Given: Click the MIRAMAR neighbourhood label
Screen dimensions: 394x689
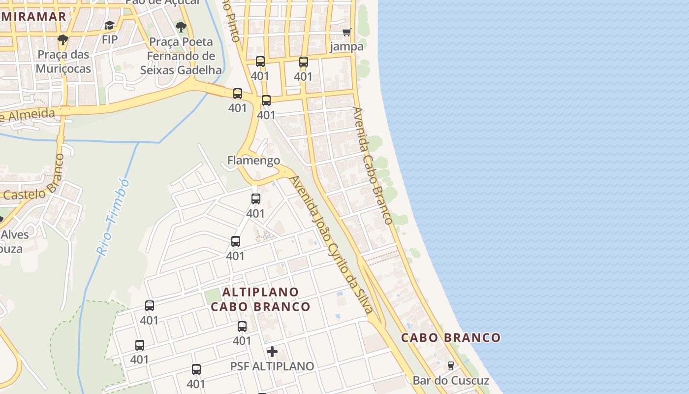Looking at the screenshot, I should coord(33,17).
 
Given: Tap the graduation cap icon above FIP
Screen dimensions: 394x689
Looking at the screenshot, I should coord(109,25).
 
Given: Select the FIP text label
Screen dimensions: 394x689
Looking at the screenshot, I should coord(109,39).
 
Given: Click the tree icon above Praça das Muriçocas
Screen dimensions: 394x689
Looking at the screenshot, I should coord(63,40).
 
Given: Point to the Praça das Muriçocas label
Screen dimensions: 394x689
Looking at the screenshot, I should coord(63,61).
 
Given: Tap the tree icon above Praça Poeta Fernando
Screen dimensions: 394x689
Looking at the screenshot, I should coord(181,27).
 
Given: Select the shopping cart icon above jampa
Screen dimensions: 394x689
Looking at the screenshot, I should coord(347,33).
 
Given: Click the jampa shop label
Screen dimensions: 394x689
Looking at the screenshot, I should coord(346,47).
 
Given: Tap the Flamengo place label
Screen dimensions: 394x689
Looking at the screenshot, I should coord(253,160).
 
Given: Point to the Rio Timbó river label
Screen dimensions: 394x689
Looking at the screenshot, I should coord(113,217).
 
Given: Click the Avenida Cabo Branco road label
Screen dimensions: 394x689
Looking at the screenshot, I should coord(373,165).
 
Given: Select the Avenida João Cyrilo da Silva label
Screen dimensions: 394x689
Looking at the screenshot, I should coord(332,243).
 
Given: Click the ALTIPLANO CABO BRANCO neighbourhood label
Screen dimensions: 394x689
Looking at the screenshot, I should coord(260,299).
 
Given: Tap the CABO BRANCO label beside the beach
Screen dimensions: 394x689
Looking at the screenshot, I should coord(450,338).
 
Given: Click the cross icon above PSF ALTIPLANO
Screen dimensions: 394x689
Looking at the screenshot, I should coord(272,352).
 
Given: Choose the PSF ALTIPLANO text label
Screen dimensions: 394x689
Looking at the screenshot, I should coord(272,366).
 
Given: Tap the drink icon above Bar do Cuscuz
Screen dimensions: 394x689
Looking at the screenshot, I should coord(450,366).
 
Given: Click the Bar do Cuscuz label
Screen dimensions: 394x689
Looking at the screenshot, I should coord(451,381).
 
